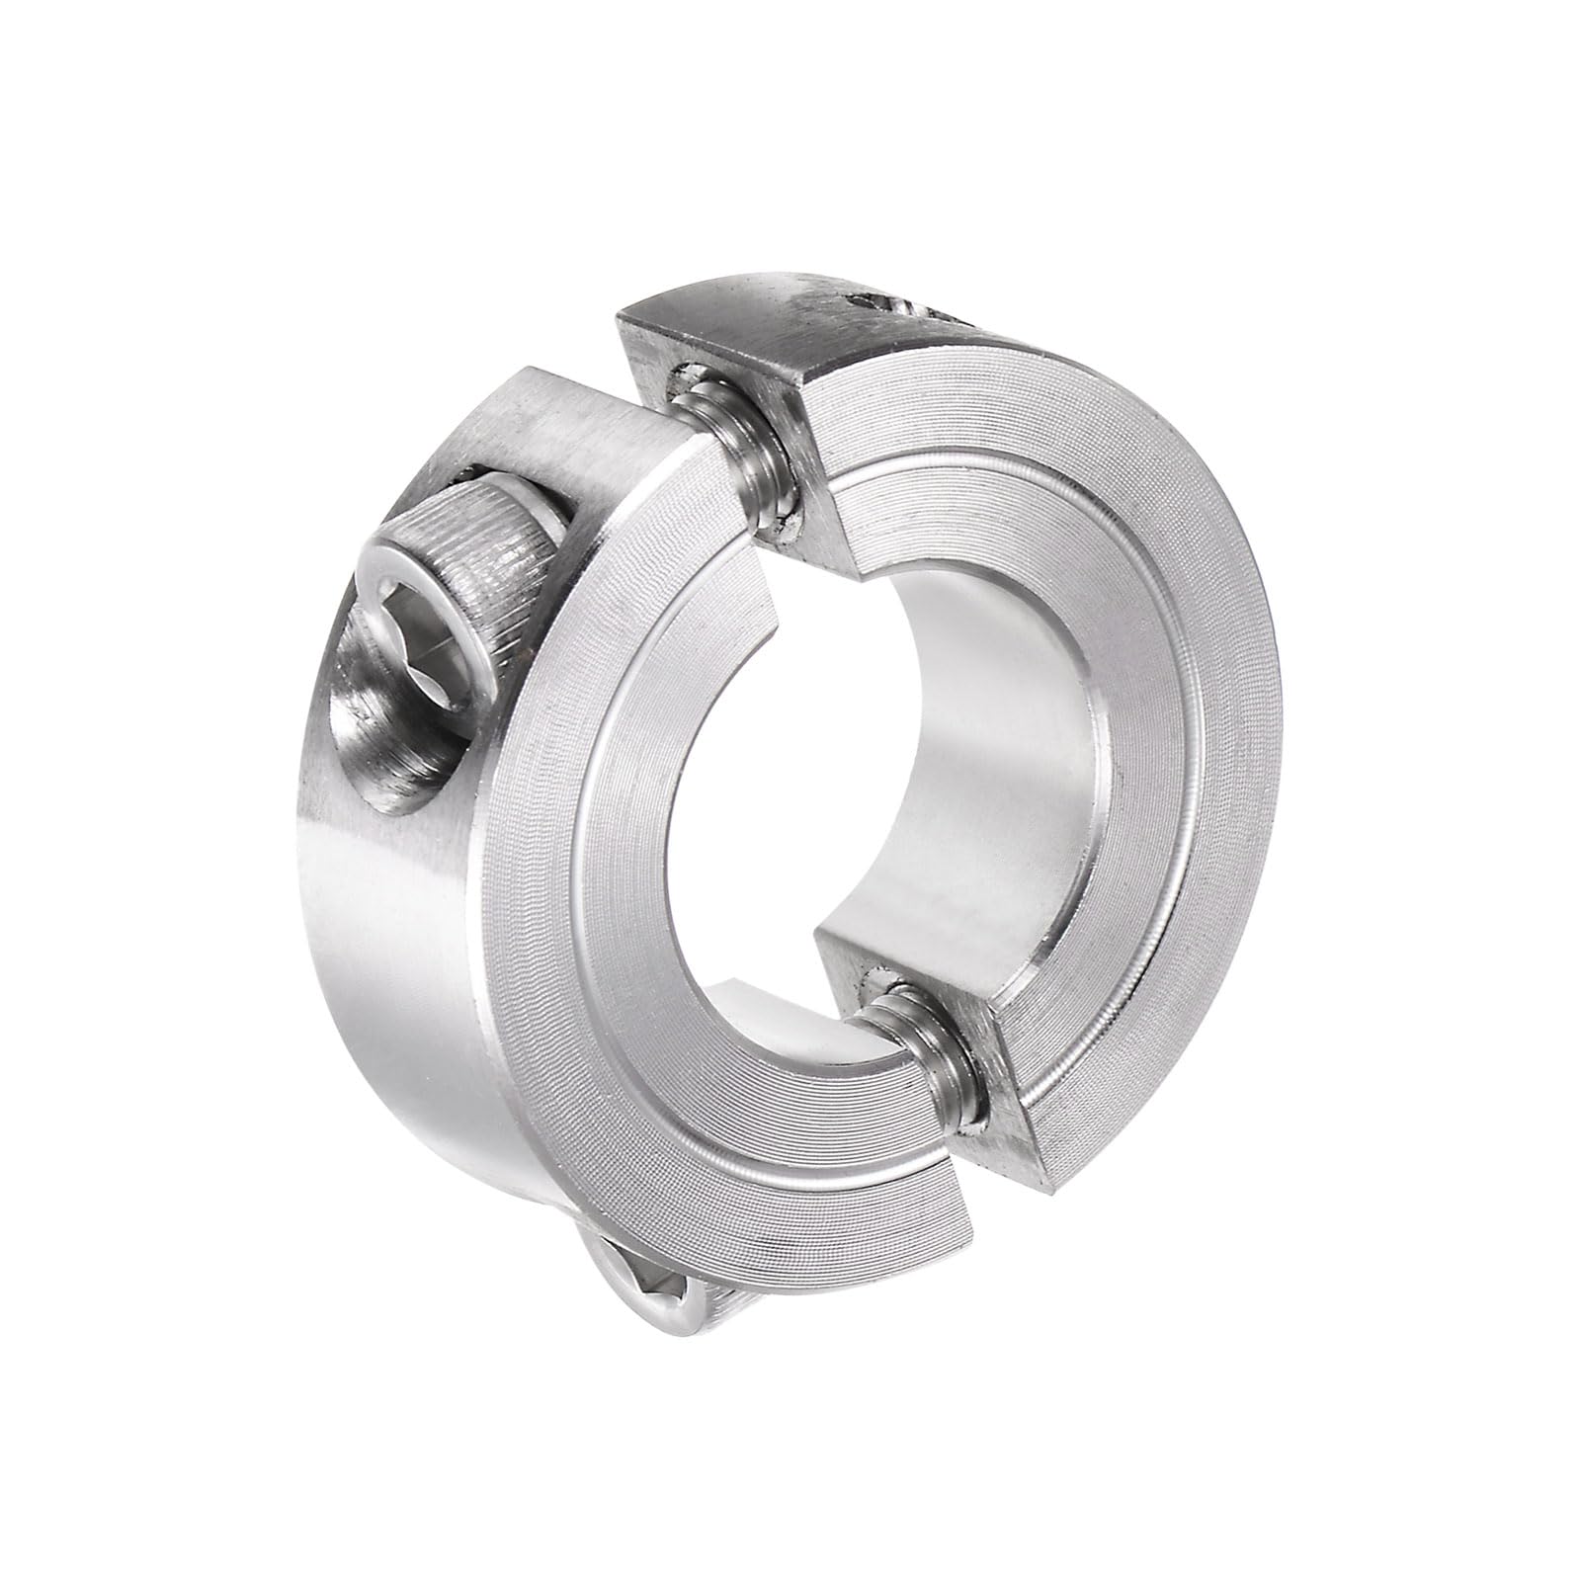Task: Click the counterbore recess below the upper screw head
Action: pos(375,731)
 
